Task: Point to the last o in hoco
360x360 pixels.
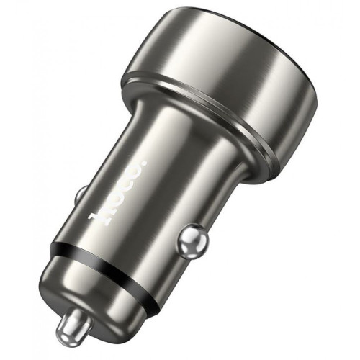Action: tap(133, 174)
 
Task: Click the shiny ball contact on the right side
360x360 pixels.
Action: tap(193, 240)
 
